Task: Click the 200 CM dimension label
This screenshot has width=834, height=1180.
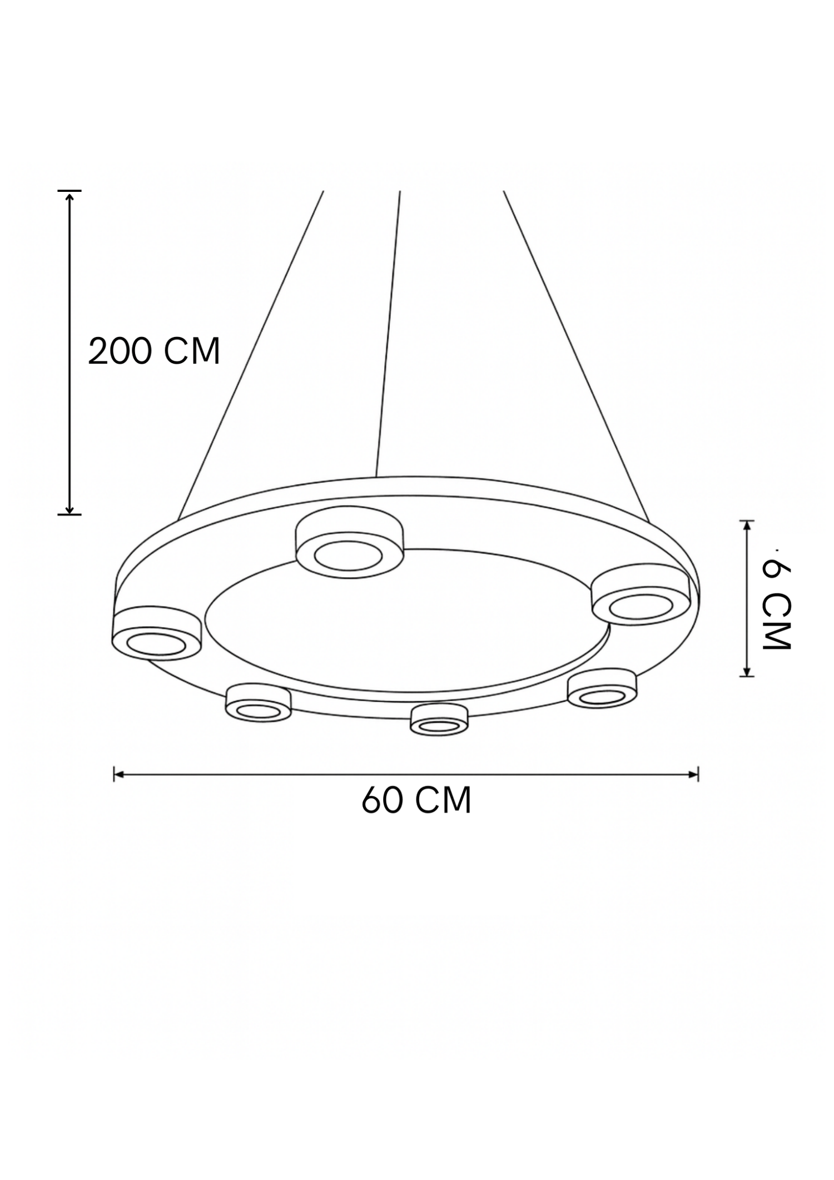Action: [x=154, y=351]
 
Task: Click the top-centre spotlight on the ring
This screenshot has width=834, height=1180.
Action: [x=350, y=542]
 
